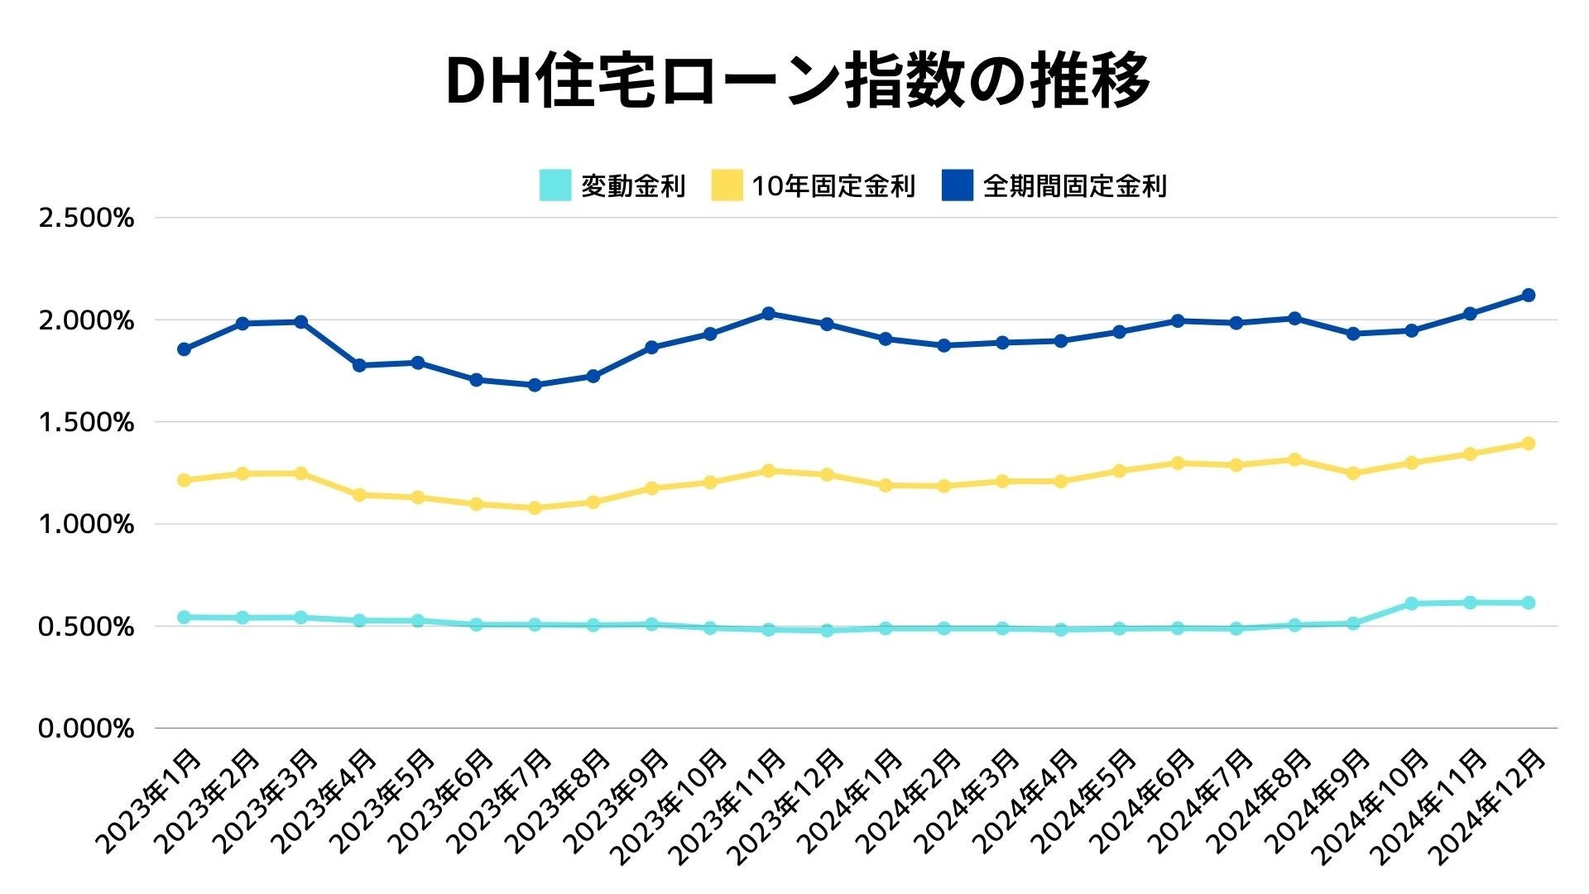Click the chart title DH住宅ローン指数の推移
click(x=797, y=81)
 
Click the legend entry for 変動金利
click(x=612, y=185)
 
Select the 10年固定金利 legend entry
click(x=814, y=185)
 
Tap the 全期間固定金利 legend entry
click(x=1054, y=185)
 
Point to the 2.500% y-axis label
click(x=86, y=219)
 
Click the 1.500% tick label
click(x=86, y=423)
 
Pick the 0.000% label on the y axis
click(x=86, y=729)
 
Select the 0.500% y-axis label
click(x=86, y=627)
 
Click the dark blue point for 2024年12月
click(x=1529, y=296)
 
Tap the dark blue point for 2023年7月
click(x=535, y=385)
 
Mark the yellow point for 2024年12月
click(x=1529, y=444)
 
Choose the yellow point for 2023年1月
click(x=184, y=480)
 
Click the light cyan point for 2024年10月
click(x=1412, y=604)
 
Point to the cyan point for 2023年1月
click(x=184, y=618)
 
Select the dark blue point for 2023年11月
click(x=768, y=314)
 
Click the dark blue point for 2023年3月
click(x=301, y=322)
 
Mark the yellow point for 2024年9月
click(x=1353, y=473)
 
